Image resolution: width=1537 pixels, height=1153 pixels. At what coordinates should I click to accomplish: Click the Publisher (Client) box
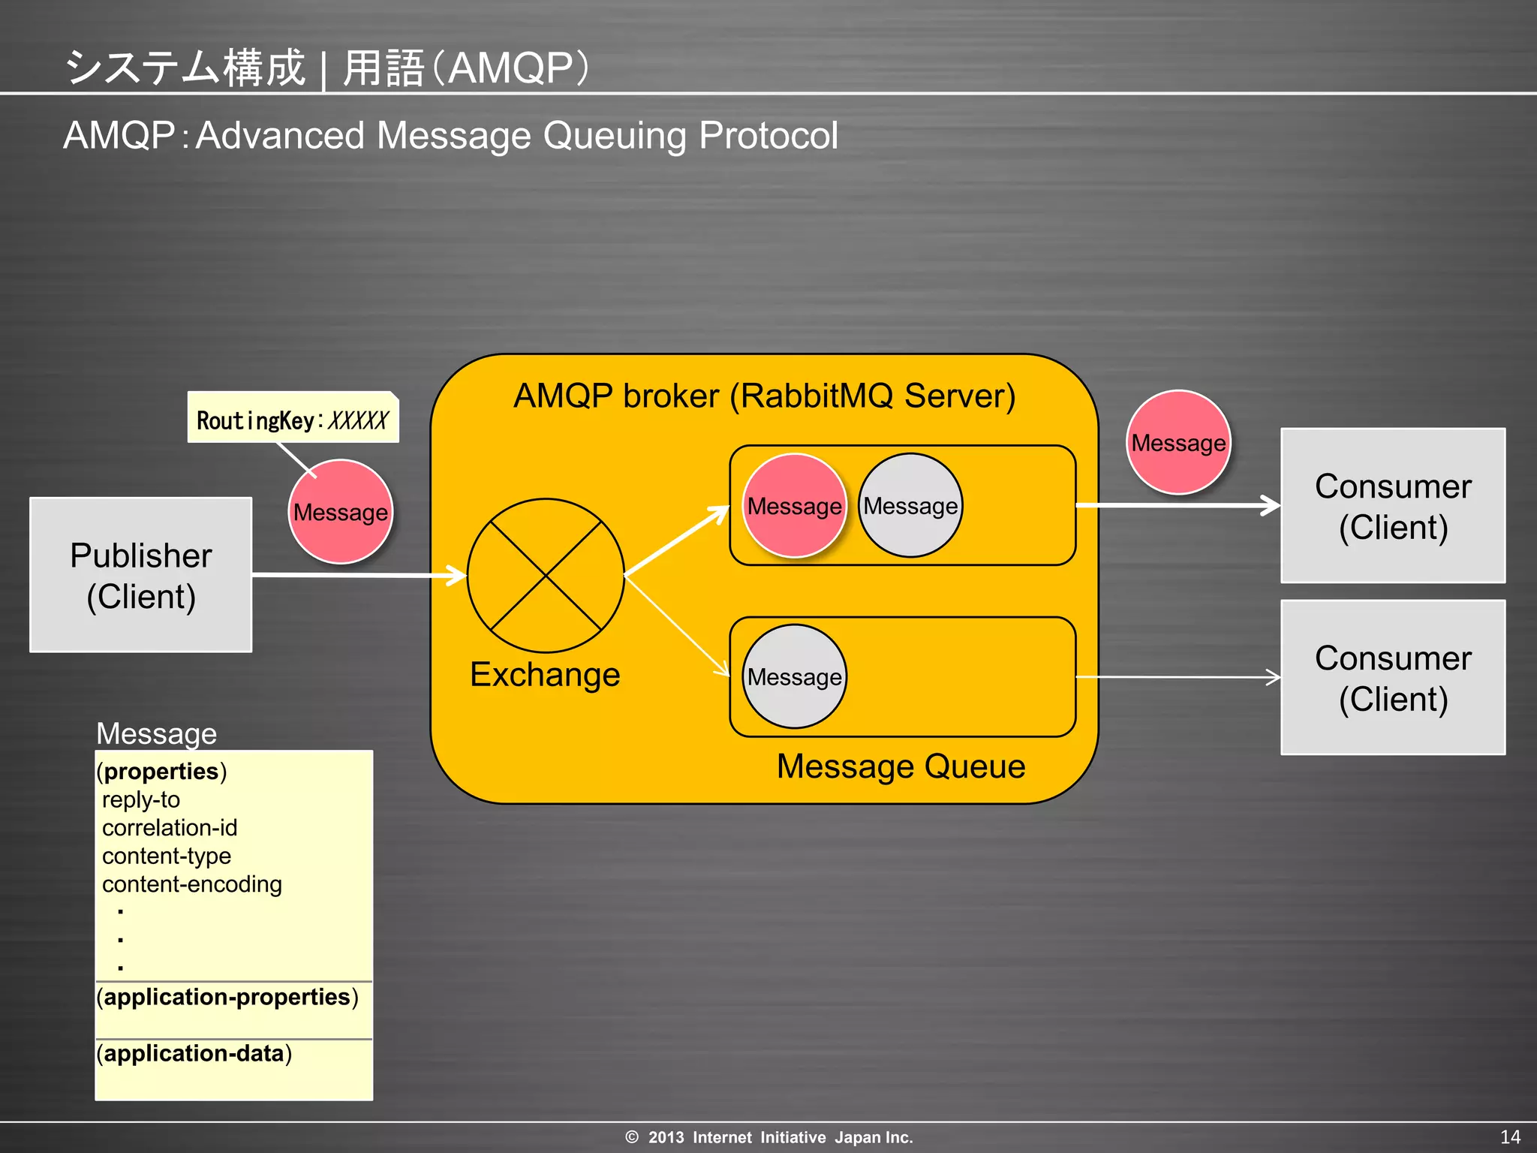click(140, 575)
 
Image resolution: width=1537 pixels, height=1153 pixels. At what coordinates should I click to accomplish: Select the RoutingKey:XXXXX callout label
click(293, 419)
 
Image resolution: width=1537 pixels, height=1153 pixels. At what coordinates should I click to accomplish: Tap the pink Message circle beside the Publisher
click(341, 512)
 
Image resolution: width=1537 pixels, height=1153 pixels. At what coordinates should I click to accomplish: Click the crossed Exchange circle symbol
click(546, 576)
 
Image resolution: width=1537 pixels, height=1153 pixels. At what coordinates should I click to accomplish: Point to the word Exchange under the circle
click(545, 675)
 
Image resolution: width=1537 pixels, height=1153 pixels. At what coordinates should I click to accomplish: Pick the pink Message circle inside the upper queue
click(794, 506)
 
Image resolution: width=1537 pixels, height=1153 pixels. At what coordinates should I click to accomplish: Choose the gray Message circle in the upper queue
click(910, 506)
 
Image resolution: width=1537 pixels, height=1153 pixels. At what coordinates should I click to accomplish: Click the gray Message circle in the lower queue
click(794, 677)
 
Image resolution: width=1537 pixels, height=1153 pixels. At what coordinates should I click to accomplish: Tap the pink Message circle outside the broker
click(1178, 443)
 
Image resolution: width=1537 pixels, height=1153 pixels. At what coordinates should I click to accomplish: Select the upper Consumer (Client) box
click(1393, 506)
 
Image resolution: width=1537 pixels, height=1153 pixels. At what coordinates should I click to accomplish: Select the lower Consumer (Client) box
click(1393, 678)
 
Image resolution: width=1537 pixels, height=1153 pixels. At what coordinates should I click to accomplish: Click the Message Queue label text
click(901, 766)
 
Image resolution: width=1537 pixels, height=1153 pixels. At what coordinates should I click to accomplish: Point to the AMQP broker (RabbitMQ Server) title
click(764, 396)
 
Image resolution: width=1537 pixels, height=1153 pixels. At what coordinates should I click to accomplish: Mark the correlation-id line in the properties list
click(170, 828)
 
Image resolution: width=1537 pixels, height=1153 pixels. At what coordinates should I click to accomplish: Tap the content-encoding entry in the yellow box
click(192, 884)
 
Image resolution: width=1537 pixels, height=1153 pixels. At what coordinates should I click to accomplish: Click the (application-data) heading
click(194, 1054)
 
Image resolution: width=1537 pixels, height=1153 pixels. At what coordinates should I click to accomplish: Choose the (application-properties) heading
click(227, 998)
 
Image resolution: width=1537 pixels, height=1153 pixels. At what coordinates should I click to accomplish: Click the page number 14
click(1510, 1136)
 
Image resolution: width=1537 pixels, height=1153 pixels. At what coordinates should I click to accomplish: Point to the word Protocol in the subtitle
click(768, 136)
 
